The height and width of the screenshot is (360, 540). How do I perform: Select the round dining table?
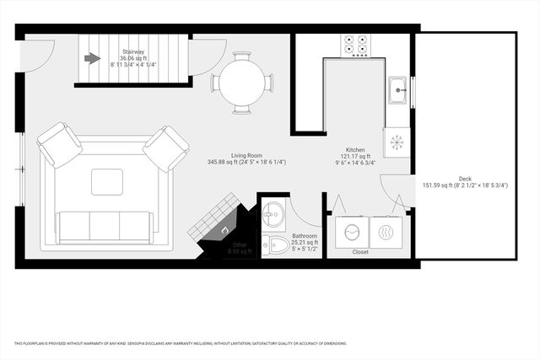coord(242,83)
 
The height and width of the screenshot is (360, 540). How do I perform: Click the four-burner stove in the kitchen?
coord(355,46)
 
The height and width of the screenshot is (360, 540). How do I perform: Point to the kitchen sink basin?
coord(397,89)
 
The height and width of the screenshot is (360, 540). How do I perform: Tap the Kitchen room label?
coord(354,149)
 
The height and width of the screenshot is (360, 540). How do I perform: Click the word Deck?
coord(465,178)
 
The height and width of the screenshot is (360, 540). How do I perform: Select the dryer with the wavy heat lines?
coord(389,231)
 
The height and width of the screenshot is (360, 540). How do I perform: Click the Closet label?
coord(360,252)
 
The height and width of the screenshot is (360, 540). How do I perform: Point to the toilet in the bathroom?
coord(274,245)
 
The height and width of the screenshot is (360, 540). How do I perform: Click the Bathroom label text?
coord(305,236)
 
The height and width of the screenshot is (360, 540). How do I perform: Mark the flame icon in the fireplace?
coord(224,229)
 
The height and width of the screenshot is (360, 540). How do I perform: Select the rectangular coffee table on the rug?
coord(106,181)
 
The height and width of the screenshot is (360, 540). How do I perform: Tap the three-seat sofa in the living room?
coord(105,226)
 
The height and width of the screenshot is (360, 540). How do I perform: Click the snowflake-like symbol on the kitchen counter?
coord(395,140)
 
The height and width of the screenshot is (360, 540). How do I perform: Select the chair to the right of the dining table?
coord(269,83)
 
